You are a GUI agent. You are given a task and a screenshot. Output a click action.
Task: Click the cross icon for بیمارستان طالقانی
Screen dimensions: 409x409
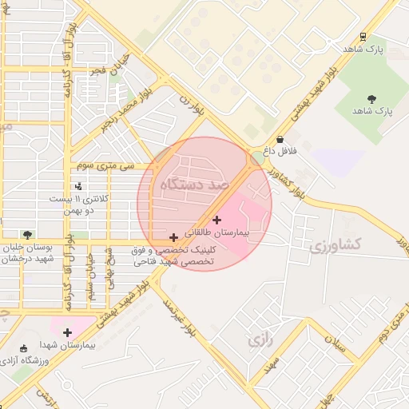[216, 220]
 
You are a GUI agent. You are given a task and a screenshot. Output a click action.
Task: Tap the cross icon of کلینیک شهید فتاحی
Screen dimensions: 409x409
[173, 237]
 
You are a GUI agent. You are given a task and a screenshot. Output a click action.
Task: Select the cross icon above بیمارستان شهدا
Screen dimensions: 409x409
[67, 332]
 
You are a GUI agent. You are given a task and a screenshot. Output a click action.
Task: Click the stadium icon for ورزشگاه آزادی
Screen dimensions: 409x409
[23, 348]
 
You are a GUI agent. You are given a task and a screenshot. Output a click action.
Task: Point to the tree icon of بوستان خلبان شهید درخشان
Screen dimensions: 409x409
[28, 235]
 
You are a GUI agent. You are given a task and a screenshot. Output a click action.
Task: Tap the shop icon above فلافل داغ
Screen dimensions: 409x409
[279, 139]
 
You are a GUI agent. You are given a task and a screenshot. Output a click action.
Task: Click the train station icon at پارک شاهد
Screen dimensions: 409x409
[363, 37]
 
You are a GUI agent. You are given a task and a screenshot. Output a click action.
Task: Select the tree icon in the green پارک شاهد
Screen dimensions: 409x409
[371, 98]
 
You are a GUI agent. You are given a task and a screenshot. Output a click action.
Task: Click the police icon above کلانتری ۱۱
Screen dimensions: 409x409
[77, 186]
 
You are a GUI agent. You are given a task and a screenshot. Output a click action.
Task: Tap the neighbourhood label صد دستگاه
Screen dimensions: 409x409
[194, 185]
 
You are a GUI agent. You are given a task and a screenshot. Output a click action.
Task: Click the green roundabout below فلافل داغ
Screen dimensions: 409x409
[256, 158]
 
